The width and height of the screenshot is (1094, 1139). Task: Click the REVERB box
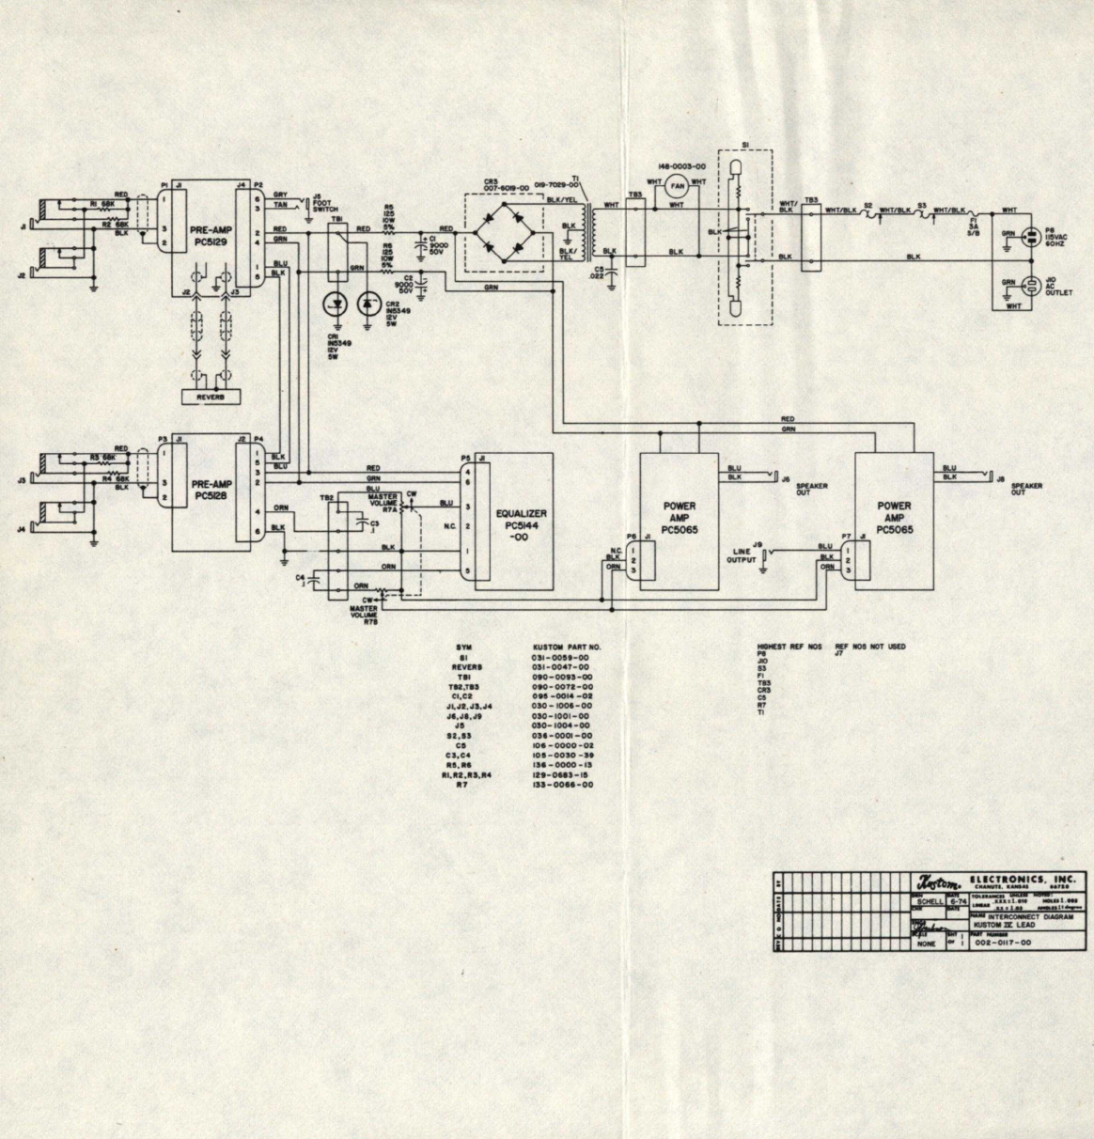206,397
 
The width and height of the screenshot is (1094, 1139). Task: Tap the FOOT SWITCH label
325,208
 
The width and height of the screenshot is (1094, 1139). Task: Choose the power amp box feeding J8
894,520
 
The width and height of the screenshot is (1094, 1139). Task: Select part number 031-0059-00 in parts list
560,657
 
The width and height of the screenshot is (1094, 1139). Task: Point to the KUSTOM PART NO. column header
566,648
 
